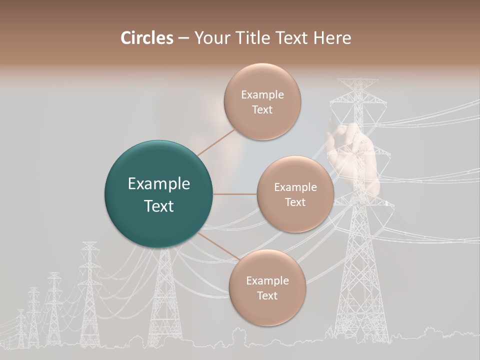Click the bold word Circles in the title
(147, 38)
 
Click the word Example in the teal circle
(159, 184)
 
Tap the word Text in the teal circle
(159, 206)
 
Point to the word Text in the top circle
(262, 109)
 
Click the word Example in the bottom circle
(267, 280)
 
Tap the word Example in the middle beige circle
(295, 187)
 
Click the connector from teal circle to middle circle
(234, 194)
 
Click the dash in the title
(183, 38)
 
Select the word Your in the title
(210, 38)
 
